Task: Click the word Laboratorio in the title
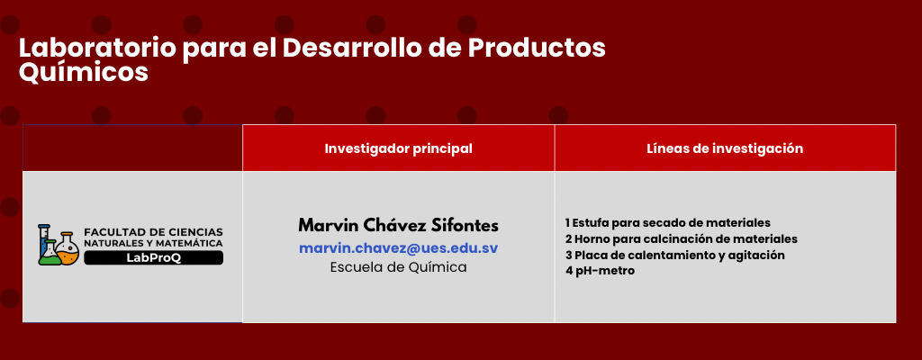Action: click(x=97, y=49)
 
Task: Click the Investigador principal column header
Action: click(x=398, y=148)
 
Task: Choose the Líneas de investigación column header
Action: click(x=725, y=148)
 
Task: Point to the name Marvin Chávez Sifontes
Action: click(x=398, y=225)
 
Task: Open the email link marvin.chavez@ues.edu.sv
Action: click(x=398, y=248)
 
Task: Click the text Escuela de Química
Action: click(x=398, y=267)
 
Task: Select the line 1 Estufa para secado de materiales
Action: click(x=667, y=223)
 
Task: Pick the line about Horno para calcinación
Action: click(x=681, y=239)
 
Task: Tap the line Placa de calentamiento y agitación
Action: click(x=674, y=256)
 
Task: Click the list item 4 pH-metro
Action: click(x=600, y=271)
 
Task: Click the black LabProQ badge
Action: click(x=153, y=257)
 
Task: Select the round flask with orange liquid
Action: click(x=68, y=249)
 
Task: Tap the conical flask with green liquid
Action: click(x=50, y=253)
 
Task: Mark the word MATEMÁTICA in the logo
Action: click(x=195, y=244)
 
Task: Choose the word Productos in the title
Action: click(x=537, y=49)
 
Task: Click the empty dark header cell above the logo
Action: click(x=132, y=148)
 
